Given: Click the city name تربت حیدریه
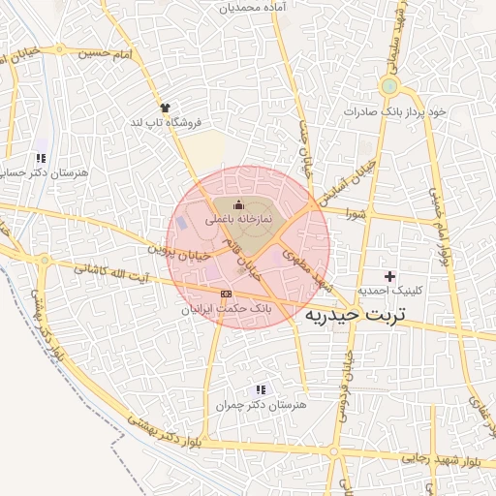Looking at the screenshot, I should coord(359,315).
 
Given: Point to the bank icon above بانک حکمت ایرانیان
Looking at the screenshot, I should coord(227,293).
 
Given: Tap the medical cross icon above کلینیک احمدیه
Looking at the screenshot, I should coord(389,276).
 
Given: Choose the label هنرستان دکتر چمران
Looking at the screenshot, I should coord(260,405).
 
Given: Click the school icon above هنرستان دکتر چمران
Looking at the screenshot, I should coord(260,389).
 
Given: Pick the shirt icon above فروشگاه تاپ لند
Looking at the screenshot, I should coord(166,108).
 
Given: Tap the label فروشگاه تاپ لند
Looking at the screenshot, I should coord(165,123).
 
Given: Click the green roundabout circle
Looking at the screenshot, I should coord(389,87).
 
